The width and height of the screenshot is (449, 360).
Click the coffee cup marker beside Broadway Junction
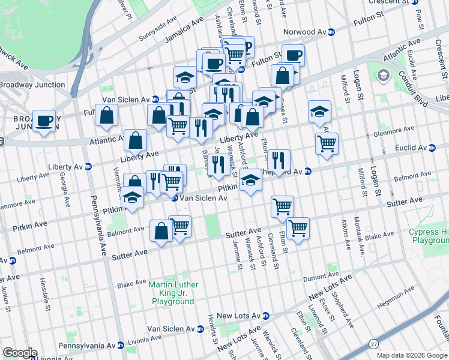click(x=44, y=121)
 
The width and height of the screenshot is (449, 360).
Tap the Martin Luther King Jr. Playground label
click(x=172, y=293)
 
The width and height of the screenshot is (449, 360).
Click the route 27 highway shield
click(x=374, y=343)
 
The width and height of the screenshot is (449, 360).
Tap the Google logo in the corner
click(x=20, y=353)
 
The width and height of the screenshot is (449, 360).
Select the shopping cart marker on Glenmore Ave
click(x=327, y=143)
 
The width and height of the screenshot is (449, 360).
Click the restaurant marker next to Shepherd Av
click(x=278, y=160)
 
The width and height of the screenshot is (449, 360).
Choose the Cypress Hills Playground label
click(x=429, y=236)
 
